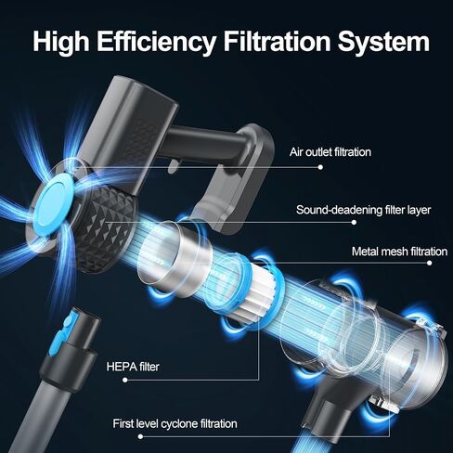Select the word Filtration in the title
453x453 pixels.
278,41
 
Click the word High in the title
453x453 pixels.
61,42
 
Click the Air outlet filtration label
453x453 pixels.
330,152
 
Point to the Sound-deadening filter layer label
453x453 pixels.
363,210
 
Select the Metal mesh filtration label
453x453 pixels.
399,252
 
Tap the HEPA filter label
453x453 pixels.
133,367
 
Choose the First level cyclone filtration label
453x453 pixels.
175,423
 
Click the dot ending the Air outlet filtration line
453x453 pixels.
320,167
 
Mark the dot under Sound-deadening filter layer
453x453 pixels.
354,222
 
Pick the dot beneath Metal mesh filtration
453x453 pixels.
429,263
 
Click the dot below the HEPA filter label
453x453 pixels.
125,380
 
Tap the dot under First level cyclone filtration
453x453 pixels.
140,436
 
